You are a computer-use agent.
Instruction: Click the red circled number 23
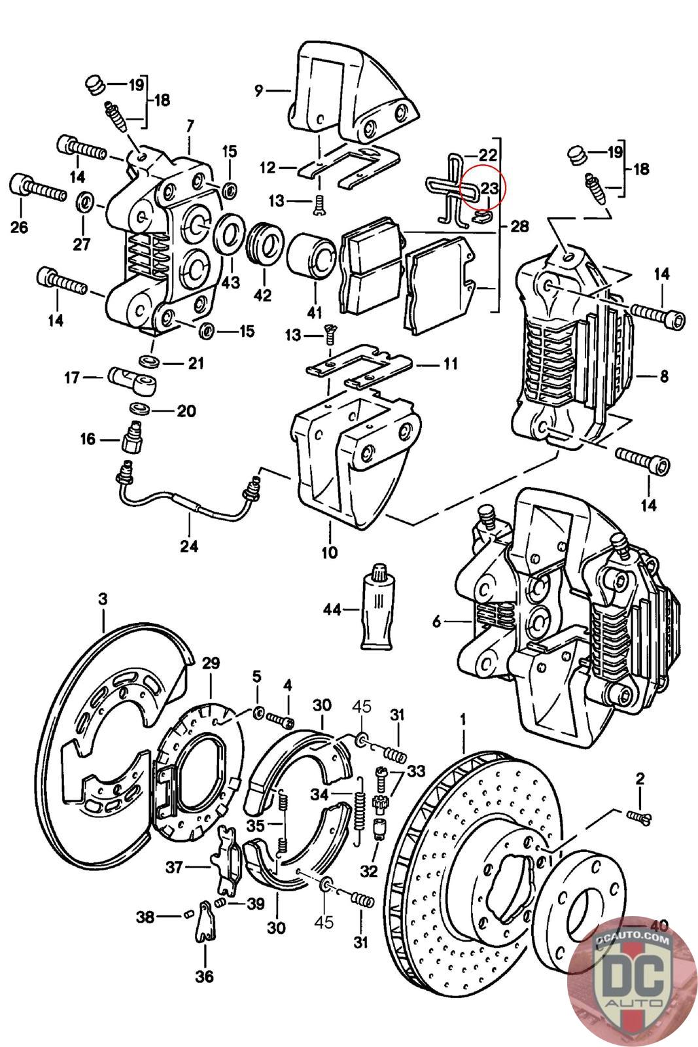[489, 188]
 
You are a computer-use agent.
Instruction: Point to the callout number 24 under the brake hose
[189, 545]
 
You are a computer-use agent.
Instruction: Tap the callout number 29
[210, 663]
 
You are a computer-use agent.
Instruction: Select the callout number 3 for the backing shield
[103, 598]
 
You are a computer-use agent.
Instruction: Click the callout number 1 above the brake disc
[464, 718]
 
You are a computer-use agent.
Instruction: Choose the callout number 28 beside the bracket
[519, 226]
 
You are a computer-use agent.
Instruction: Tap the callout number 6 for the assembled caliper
[437, 622]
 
